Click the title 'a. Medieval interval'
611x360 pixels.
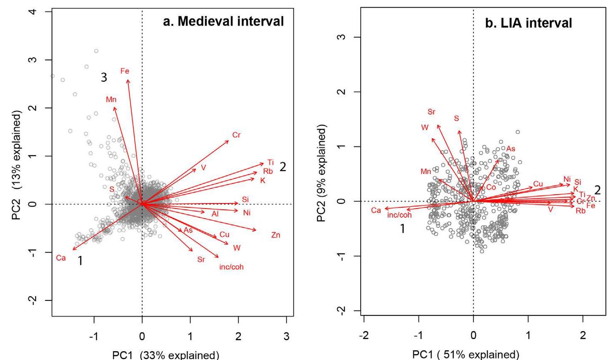click(x=223, y=21)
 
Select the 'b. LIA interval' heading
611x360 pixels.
click(x=528, y=23)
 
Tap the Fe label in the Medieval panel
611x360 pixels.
click(x=125, y=71)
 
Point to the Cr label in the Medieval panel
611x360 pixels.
click(x=237, y=135)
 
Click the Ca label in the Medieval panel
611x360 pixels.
click(x=61, y=258)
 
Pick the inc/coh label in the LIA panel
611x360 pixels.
click(x=399, y=215)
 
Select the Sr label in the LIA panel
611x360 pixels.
click(x=432, y=112)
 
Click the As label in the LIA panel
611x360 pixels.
click(x=510, y=149)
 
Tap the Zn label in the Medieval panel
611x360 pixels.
click(x=276, y=235)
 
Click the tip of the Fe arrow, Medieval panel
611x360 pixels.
click(x=127, y=79)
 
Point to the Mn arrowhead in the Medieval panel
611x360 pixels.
click(x=114, y=107)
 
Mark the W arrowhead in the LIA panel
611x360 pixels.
click(x=432, y=138)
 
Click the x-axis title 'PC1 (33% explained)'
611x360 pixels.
click(x=166, y=355)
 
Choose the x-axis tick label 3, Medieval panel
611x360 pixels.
click(x=286, y=336)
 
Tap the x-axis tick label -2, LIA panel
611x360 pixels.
click(x=364, y=336)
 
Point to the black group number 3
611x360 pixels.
click(x=104, y=77)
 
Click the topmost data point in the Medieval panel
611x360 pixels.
click(x=96, y=51)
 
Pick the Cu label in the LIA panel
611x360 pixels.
click(x=538, y=184)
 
